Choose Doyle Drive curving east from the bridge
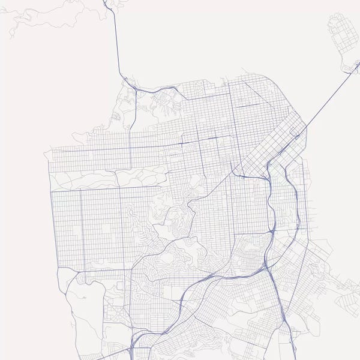click(153, 90)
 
